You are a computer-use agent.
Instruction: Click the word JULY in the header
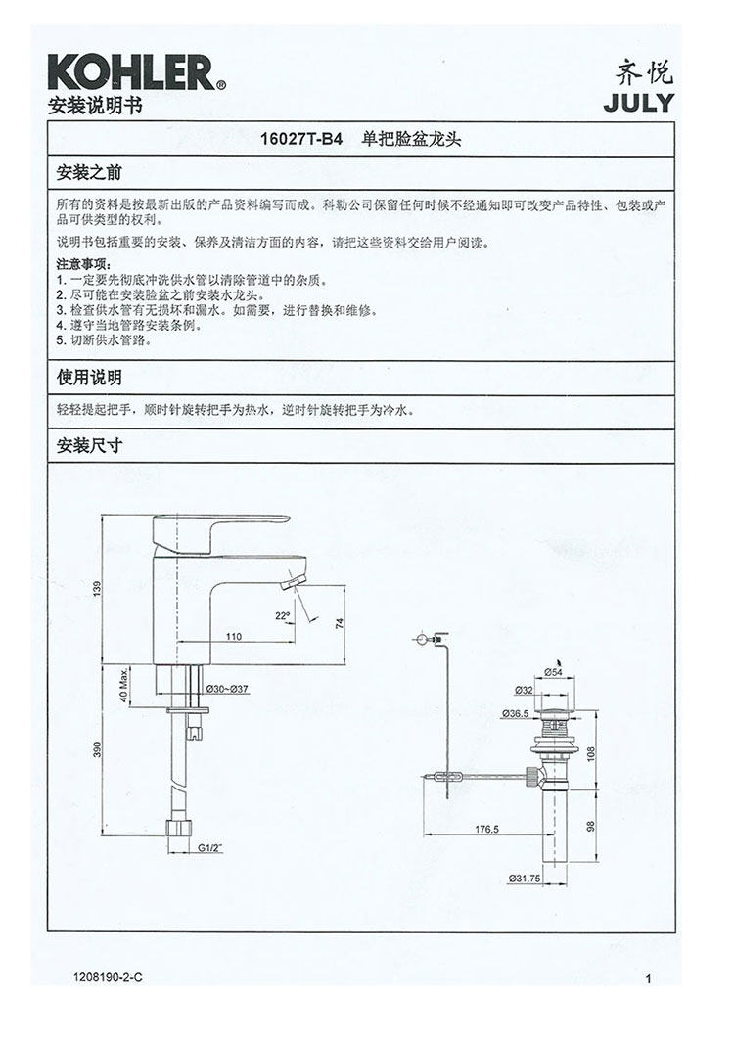[x=638, y=103]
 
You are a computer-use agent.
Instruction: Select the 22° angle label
[x=282, y=615]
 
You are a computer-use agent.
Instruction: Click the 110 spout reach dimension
[x=234, y=636]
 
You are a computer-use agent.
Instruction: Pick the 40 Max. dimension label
[x=124, y=685]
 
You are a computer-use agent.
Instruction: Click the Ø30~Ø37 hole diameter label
[x=227, y=690]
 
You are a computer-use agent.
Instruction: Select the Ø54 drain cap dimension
[x=553, y=671]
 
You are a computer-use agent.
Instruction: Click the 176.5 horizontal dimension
[x=486, y=828]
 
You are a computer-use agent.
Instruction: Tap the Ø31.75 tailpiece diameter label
[x=526, y=877]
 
